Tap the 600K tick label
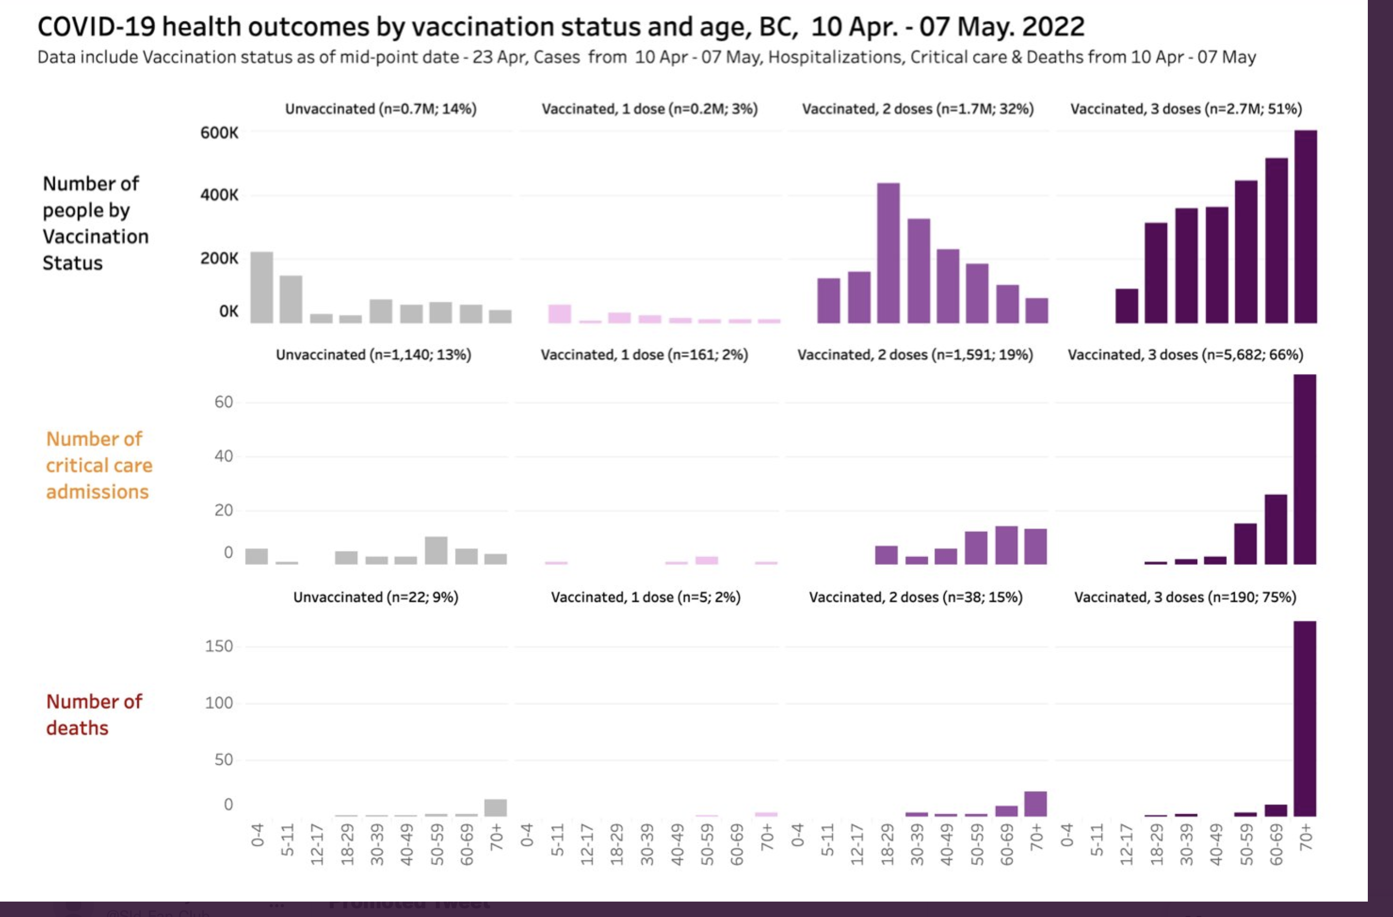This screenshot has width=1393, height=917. [219, 133]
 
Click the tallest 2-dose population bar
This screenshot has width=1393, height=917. [888, 253]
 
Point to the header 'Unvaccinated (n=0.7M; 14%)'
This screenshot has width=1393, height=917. [380, 109]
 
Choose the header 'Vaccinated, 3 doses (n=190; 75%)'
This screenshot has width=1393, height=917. [1185, 597]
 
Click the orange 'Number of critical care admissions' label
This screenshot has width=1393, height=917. [99, 465]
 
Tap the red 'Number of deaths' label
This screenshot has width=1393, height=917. [94, 714]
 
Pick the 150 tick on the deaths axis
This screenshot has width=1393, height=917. [219, 646]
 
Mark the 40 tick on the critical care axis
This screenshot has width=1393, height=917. [224, 456]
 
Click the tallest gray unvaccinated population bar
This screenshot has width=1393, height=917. [262, 287]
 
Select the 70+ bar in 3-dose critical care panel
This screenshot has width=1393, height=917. [1305, 469]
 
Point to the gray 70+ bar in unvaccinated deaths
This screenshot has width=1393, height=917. [496, 808]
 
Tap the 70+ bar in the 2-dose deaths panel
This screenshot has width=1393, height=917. [1035, 803]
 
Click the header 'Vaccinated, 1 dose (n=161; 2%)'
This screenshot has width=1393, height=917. [644, 355]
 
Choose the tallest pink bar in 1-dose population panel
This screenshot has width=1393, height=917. [560, 314]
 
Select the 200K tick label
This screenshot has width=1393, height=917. [219, 258]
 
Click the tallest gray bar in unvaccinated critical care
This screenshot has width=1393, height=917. [436, 550]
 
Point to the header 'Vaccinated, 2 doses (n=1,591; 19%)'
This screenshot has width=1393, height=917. [915, 355]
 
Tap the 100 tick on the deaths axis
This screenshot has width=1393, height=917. [219, 703]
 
